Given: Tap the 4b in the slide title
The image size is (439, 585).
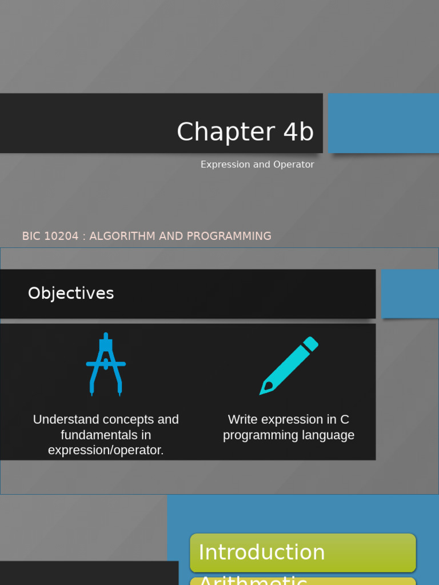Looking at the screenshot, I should tap(298, 132).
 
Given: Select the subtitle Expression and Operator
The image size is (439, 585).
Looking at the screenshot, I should tap(257, 165).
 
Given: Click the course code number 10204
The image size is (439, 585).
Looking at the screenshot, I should tap(61, 236).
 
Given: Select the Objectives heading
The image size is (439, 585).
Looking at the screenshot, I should tap(71, 293).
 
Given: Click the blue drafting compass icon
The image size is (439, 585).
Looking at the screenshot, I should tap(106, 364).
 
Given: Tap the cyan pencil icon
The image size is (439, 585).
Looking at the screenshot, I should tap(289, 366).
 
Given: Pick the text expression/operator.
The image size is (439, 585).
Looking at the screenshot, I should tap(106, 450).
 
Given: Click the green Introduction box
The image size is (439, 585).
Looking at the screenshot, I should tap(302, 552).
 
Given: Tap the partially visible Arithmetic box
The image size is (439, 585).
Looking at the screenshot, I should tap(302, 581).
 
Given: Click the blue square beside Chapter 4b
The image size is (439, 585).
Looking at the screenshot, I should tap(383, 123).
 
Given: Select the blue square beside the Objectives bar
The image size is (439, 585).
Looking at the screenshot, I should tap(410, 294).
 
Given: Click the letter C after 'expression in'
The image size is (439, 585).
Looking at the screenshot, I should tap(345, 419).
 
